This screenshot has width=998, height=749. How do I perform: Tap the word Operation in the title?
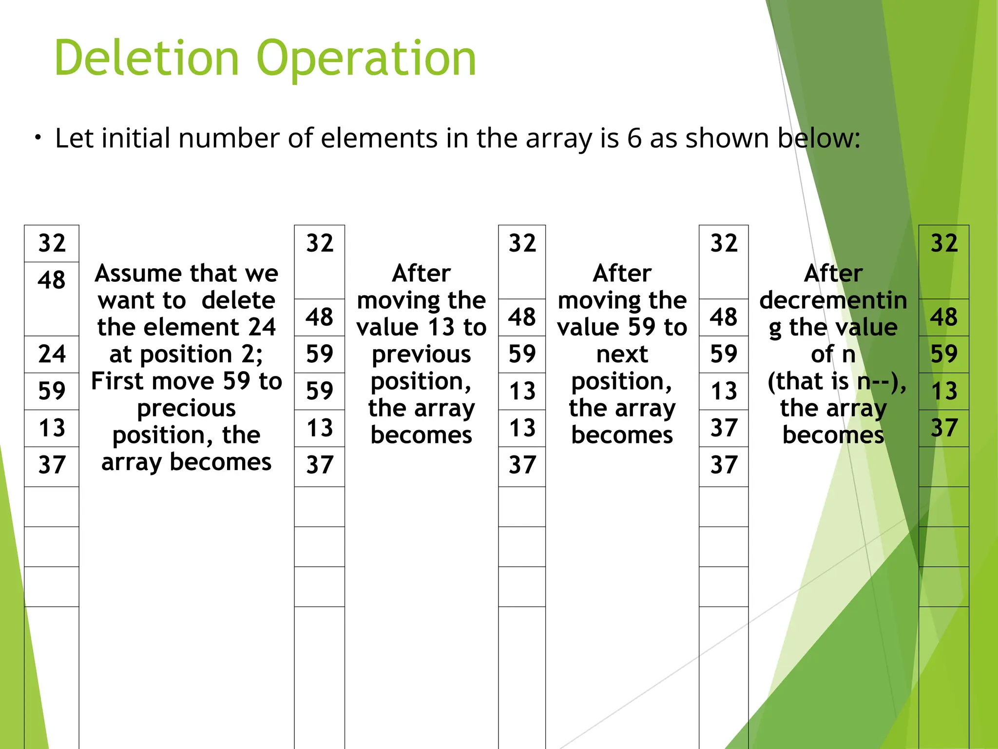[x=365, y=59]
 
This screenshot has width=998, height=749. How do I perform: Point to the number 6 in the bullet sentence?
[x=634, y=138]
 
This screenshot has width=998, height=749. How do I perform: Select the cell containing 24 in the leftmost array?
[x=52, y=354]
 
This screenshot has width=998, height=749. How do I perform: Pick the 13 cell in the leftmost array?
[x=52, y=428]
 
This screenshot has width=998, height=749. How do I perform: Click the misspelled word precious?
[x=186, y=408]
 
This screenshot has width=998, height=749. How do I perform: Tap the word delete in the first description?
[x=238, y=300]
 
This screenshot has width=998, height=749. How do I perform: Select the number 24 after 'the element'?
[x=262, y=327]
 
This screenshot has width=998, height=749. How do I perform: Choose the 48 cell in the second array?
[x=319, y=317]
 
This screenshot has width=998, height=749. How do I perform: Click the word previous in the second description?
[x=421, y=355]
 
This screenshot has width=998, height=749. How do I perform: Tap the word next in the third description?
[x=622, y=355]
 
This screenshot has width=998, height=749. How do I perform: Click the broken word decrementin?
[x=833, y=300]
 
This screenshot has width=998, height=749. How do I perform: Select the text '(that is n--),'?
[x=837, y=381]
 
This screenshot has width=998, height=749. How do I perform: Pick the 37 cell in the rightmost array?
[x=944, y=428]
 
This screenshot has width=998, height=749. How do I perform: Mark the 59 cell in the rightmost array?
[x=944, y=354]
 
